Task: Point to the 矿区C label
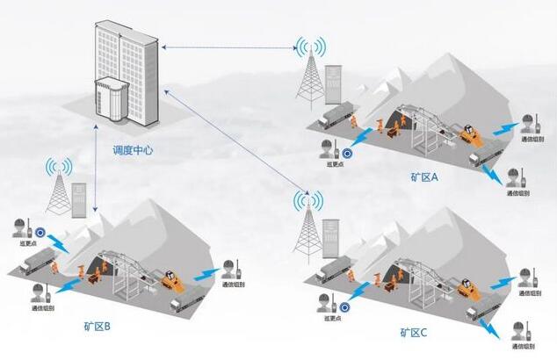412,332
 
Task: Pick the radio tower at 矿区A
308,70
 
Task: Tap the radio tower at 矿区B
59,189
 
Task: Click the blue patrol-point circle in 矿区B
40,233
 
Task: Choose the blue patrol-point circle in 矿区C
344,308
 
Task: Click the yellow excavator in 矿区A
471,137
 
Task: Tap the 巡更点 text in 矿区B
26,244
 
